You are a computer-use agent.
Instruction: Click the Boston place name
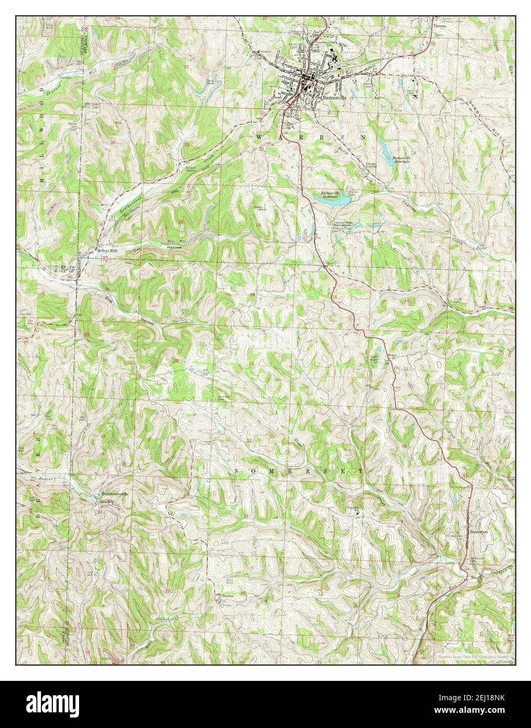pyautogui.click(x=226, y=596)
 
